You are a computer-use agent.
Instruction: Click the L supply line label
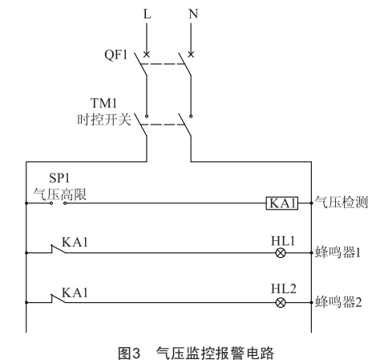pos(147,14)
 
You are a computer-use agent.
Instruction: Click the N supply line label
pos(193,14)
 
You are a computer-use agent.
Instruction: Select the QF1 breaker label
pos(116,55)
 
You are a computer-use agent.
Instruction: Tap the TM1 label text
pos(103,103)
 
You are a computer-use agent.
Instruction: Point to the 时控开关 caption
pos(104,119)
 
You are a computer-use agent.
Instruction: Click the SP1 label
pos(59,178)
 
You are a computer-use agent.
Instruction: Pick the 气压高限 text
pos(60,194)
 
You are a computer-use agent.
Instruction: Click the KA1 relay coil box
pos(282,203)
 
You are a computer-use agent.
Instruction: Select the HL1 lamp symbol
pos(281,253)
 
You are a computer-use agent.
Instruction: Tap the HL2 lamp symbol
pos(281,303)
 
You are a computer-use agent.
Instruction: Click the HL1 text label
pos(283,241)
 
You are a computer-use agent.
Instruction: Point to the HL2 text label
pos(284,288)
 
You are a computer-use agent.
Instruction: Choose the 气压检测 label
pos(342,202)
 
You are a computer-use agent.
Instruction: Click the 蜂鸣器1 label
pos(338,252)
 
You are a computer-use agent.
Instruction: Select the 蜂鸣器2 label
pos(338,302)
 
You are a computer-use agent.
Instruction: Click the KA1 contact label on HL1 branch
pos(75,242)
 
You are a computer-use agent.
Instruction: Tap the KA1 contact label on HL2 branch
pos(75,292)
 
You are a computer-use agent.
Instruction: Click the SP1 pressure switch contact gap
pos(59,203)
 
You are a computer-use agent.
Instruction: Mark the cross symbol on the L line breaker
pos(147,55)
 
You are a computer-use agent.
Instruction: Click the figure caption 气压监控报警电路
pos(215,354)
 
